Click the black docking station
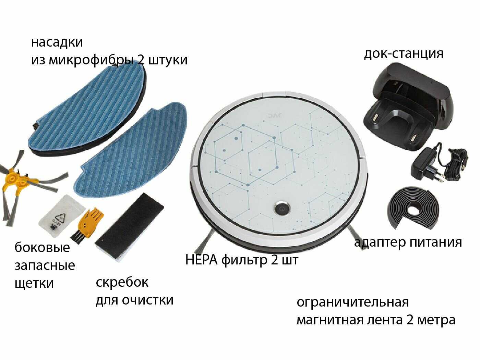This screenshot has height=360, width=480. [x=408, y=105]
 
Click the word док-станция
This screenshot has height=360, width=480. [x=404, y=54]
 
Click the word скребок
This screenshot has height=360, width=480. [x=122, y=282]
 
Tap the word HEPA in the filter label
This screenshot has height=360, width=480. [x=201, y=260]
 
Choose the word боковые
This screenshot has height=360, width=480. [x=42, y=247]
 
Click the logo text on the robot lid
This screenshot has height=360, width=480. [x=275, y=115]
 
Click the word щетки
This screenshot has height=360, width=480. [x=34, y=284]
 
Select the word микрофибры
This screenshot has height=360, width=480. [x=91, y=60]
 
